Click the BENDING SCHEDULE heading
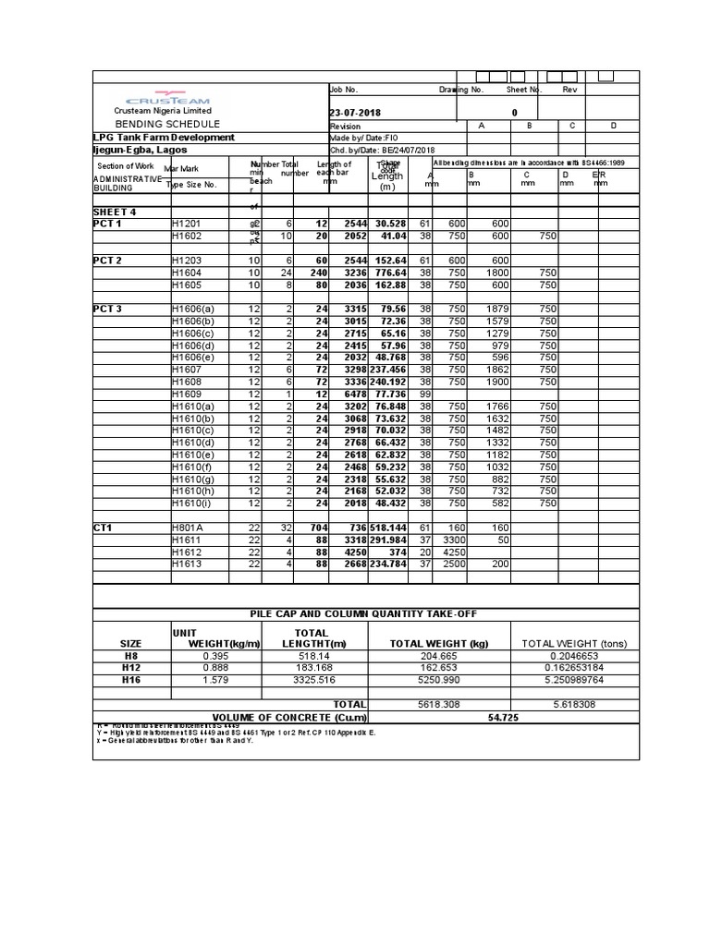coord(167,124)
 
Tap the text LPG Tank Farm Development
coord(164,137)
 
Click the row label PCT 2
coord(107,261)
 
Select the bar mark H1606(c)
coord(193,333)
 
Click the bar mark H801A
coord(188,528)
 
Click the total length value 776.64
coord(389,273)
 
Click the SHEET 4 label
coord(115,212)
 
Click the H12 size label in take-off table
coord(131,667)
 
